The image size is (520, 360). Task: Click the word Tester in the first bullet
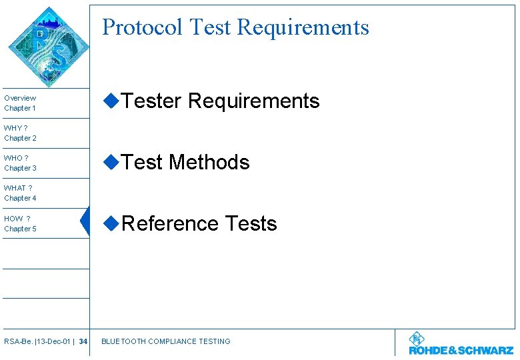(151, 101)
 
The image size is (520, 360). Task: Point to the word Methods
(209, 163)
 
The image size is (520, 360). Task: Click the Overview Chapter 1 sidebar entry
(21, 103)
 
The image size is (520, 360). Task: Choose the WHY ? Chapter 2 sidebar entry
(21, 133)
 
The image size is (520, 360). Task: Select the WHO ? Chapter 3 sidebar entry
(21, 163)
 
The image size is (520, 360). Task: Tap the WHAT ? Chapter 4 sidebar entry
(21, 193)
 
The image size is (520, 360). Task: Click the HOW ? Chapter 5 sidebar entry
(21, 224)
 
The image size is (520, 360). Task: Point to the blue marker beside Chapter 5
(85, 222)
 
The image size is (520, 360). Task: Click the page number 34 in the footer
(83, 342)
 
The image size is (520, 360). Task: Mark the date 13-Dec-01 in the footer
(55, 342)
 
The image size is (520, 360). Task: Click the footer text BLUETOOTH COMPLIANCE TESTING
(165, 342)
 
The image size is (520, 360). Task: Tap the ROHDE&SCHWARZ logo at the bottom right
(461, 344)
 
